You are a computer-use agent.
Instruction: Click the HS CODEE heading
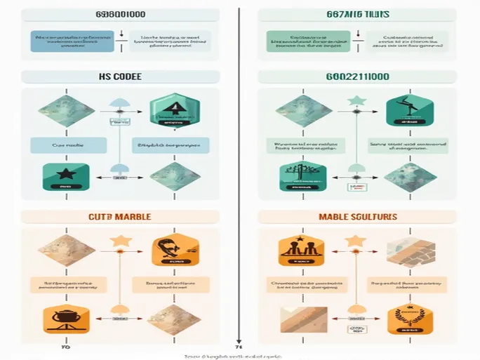coord(118,76)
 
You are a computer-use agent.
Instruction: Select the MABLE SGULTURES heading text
coord(358,217)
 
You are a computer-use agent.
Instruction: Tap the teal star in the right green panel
coord(355,102)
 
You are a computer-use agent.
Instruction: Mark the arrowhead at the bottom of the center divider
coord(239,343)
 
